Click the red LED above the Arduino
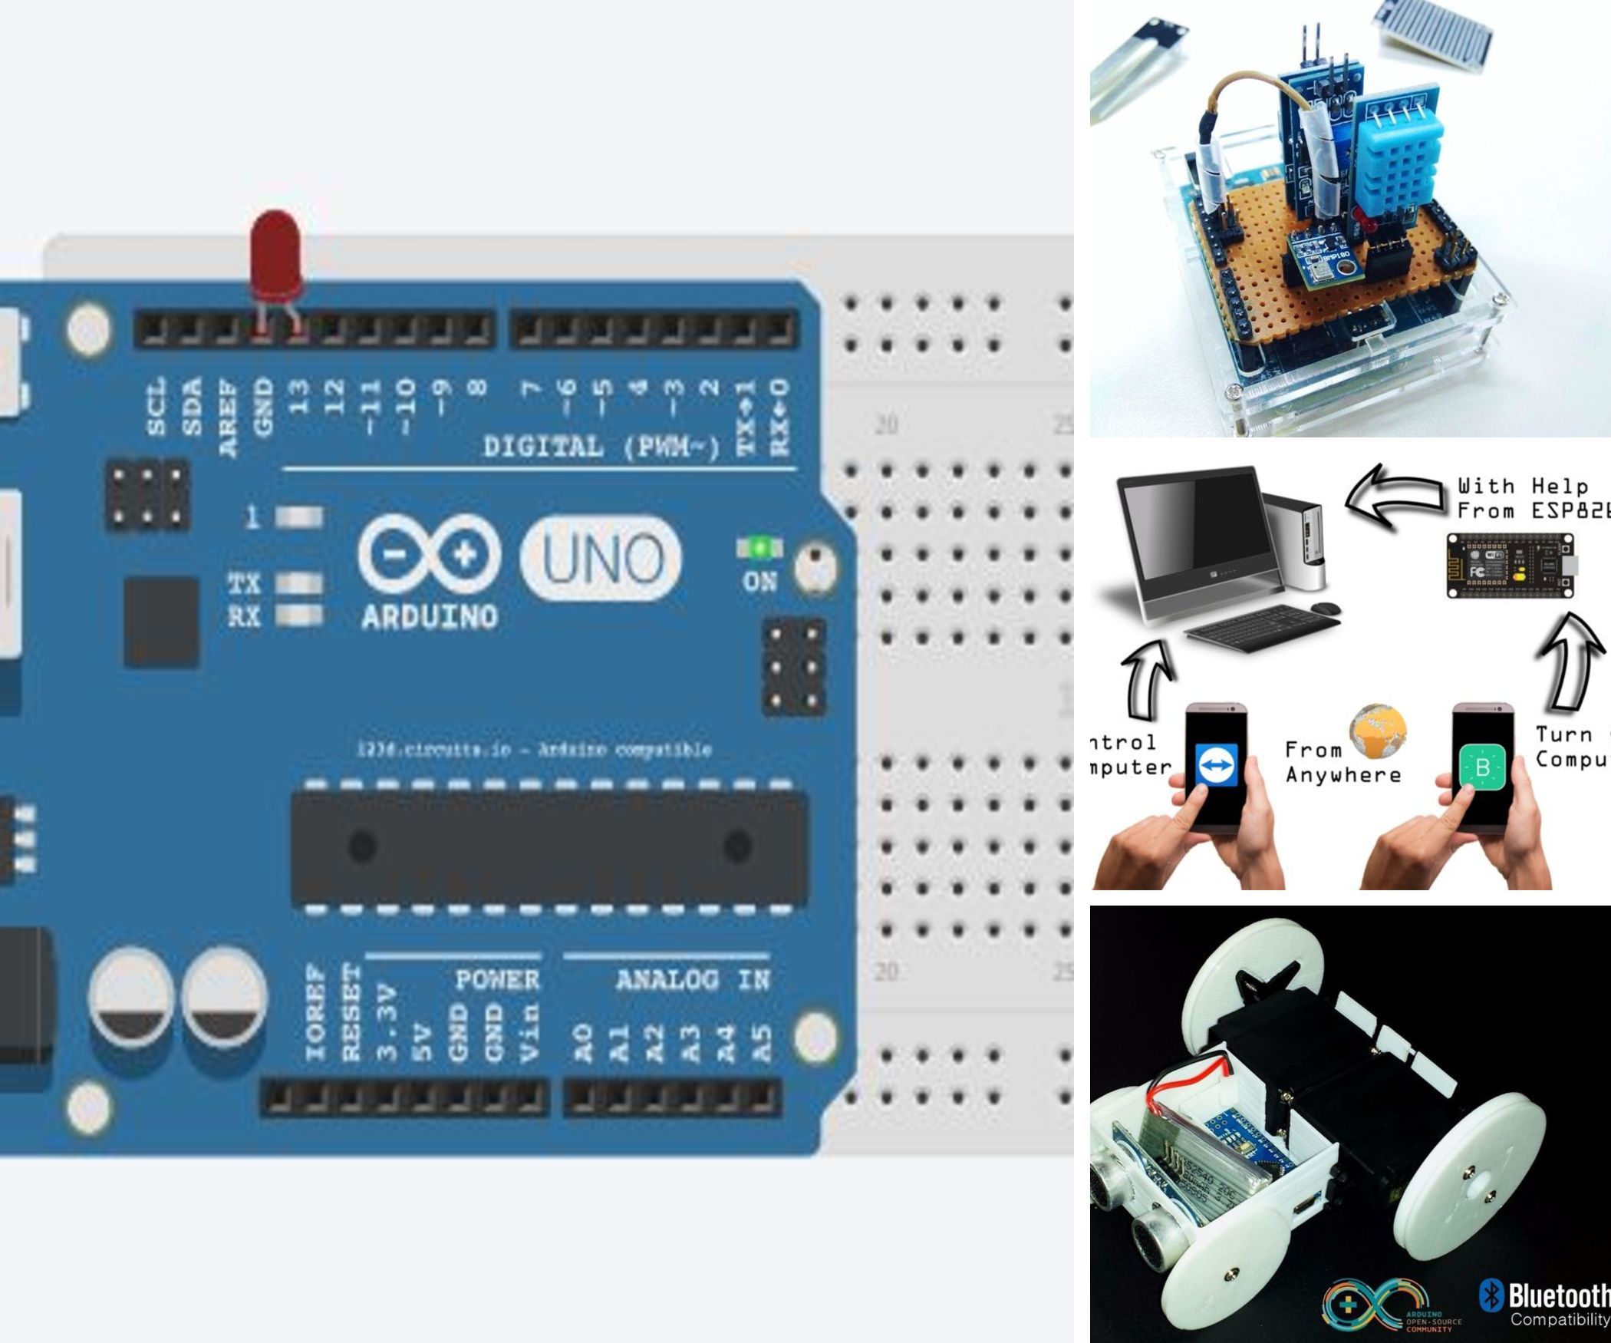point(276,253)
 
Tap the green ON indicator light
point(760,548)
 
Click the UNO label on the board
point(600,557)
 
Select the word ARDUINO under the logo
point(430,616)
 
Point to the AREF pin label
point(229,419)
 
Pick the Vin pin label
point(529,1033)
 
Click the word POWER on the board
point(498,980)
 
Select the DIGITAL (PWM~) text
point(601,447)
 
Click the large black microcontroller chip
point(549,846)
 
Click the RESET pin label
point(351,1012)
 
